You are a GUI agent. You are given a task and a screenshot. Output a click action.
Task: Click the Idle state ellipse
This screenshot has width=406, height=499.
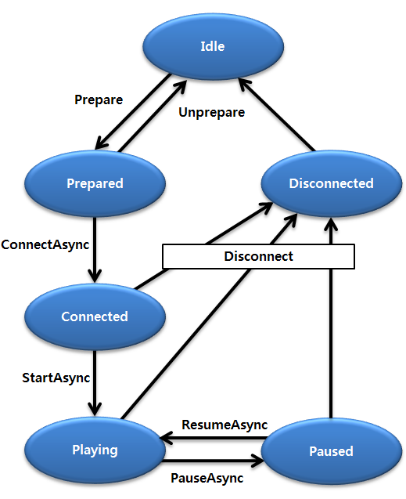(212, 46)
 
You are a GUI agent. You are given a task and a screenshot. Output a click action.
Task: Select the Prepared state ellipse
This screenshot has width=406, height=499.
(95, 183)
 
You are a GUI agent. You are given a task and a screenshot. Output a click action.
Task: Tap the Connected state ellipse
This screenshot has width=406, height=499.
(95, 316)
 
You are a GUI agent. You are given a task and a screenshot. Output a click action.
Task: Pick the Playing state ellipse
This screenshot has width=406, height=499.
(95, 450)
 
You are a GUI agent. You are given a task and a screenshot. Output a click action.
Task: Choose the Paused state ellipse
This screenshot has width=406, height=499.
(331, 451)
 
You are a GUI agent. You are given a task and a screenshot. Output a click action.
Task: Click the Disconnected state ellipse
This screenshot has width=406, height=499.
(331, 183)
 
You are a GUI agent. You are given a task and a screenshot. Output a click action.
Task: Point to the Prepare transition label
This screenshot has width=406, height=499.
(99, 99)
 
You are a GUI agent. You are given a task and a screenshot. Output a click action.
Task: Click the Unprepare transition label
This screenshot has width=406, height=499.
(211, 112)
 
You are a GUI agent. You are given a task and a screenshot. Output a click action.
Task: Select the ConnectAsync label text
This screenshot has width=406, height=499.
(45, 244)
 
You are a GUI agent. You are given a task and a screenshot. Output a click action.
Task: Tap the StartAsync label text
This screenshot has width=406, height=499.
(56, 378)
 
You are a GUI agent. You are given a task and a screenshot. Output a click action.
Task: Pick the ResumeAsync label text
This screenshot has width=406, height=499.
(225, 425)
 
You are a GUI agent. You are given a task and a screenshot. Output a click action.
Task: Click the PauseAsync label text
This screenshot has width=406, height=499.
(207, 478)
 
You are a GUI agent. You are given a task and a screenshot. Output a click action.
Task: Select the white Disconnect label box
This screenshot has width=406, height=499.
(258, 256)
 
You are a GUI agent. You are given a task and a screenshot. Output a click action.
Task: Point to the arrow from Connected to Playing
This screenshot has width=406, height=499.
(95, 384)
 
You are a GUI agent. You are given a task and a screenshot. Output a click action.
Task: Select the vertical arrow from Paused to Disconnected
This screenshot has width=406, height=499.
(331, 329)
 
